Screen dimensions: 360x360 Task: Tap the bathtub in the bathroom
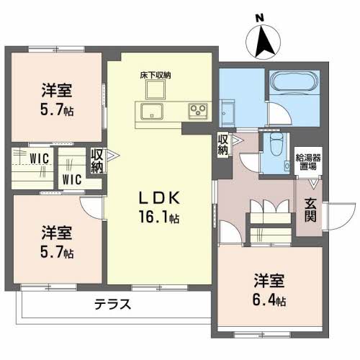(294, 81)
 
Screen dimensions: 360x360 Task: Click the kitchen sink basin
(152, 111)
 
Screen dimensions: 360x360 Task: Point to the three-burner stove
(198, 111)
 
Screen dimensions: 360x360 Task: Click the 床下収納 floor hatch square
(156, 89)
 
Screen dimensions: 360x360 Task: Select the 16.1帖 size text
(158, 217)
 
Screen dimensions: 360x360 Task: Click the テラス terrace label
(112, 304)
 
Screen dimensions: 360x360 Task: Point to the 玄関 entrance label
(310, 210)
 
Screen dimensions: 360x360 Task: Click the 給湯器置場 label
(308, 162)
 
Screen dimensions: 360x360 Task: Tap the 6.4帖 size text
(269, 300)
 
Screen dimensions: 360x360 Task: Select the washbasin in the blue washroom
(227, 113)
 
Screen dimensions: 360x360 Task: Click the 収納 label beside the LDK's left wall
(97, 161)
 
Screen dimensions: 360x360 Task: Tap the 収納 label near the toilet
(223, 145)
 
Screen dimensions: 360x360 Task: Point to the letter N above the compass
(258, 18)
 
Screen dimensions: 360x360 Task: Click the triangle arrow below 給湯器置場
(313, 184)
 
